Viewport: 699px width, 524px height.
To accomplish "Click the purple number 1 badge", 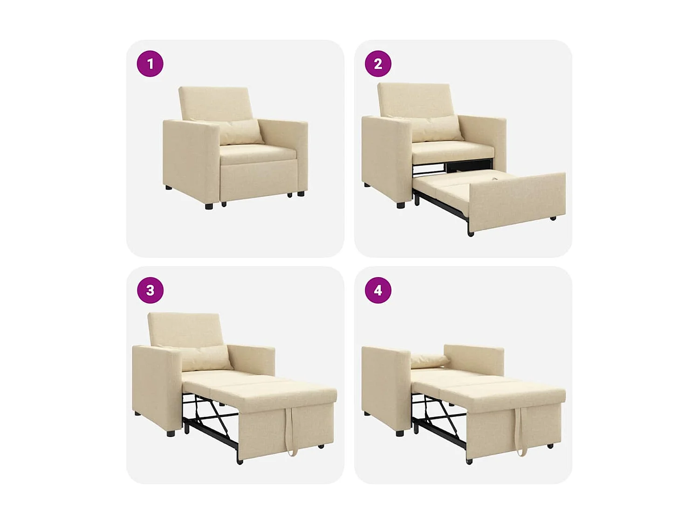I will click(150, 64).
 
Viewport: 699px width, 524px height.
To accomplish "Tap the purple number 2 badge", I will click(378, 64).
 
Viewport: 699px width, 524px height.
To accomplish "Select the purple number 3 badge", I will click(150, 290).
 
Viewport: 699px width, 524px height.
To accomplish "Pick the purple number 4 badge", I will click(378, 290).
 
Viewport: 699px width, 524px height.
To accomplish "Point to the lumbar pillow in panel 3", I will click(205, 358).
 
